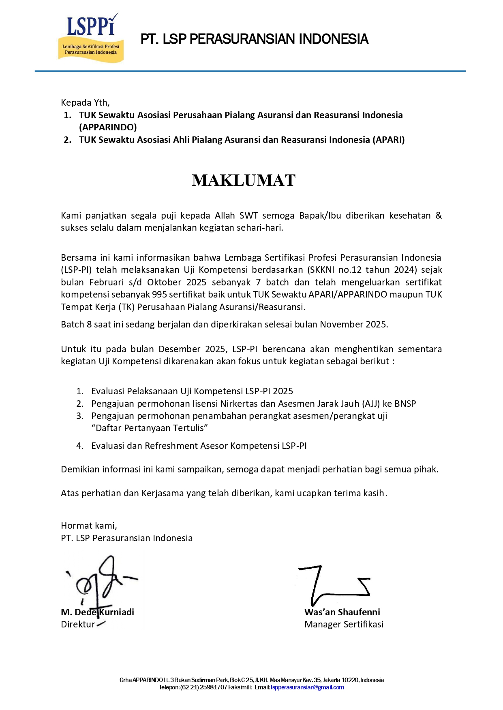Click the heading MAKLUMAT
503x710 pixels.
tap(244, 181)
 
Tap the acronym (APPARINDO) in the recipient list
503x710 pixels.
tap(108, 128)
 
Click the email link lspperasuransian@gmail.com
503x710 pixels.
tap(307, 687)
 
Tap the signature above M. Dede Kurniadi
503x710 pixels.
tap(101, 583)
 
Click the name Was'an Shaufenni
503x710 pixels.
tap(342, 612)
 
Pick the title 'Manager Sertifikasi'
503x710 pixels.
tap(344, 625)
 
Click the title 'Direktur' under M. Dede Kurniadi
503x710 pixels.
tap(78, 625)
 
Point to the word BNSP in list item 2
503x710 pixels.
tap(405, 404)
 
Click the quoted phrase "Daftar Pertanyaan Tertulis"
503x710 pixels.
tap(150, 428)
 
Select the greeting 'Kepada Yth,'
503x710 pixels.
tap(85, 102)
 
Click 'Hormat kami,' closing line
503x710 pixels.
tap(89, 526)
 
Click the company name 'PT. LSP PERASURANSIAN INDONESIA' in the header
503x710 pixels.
tap(254, 39)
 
